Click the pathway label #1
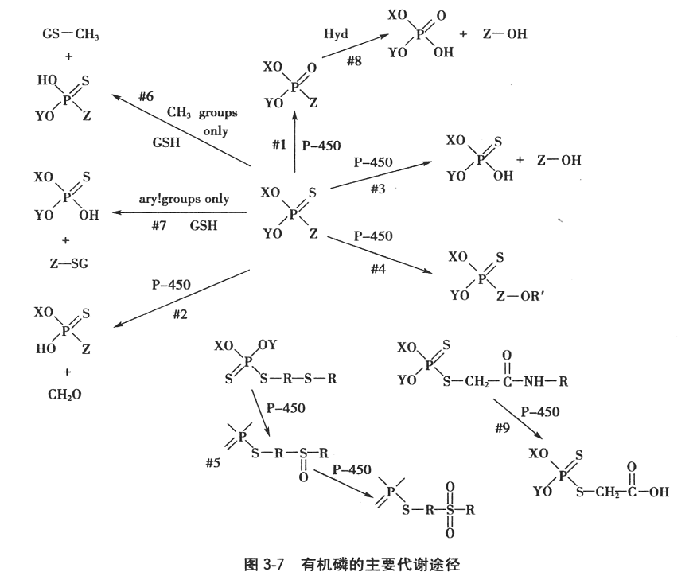point(278,145)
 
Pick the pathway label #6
point(145,96)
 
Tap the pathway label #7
point(159,226)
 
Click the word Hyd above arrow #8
point(337,34)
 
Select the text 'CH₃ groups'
point(202,113)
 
